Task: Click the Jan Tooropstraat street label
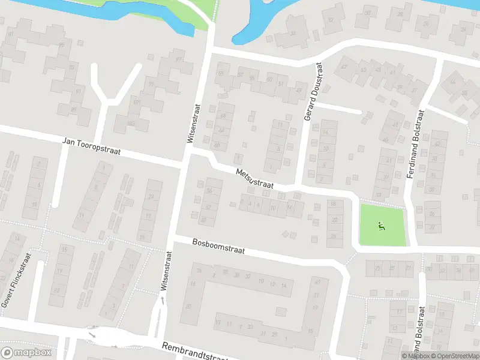92,147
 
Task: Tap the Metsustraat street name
255,179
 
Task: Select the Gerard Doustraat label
310,93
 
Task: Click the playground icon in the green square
381,226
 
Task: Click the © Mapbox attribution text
415,356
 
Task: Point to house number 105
130,123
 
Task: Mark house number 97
178,59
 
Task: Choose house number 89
73,109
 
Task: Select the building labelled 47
344,67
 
